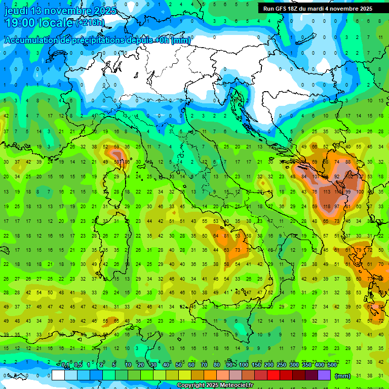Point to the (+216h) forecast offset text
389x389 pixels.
click(x=90, y=23)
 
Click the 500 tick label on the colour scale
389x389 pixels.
click(x=332, y=365)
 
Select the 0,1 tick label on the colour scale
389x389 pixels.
click(x=65, y=365)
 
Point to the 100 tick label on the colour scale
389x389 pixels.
click(x=243, y=365)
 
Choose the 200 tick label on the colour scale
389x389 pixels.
click(x=268, y=365)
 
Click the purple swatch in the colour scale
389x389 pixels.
click(x=324, y=375)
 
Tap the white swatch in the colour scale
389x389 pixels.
click(x=58, y=375)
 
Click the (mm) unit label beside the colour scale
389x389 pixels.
click(x=342, y=375)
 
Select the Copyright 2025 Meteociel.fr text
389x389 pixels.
click(x=215, y=385)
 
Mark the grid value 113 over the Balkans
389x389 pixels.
click(x=326, y=192)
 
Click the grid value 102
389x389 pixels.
click(x=348, y=177)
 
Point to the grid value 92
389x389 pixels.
click(x=337, y=177)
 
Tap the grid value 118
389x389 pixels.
click(x=326, y=207)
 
